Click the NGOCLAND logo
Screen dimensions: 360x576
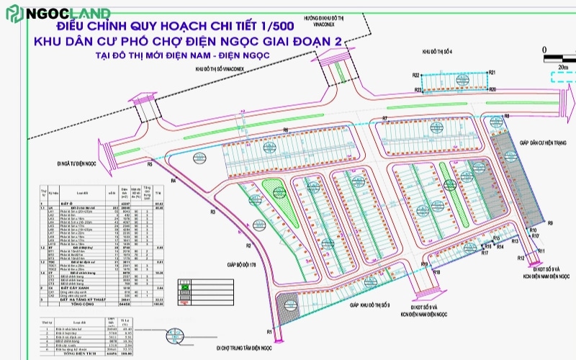point(58,14)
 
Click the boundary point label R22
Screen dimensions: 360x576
point(416,76)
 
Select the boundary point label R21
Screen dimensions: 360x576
point(492,73)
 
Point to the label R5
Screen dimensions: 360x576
point(150,165)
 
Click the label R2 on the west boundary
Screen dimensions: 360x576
point(247,246)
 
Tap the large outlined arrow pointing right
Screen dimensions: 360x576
point(565,78)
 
